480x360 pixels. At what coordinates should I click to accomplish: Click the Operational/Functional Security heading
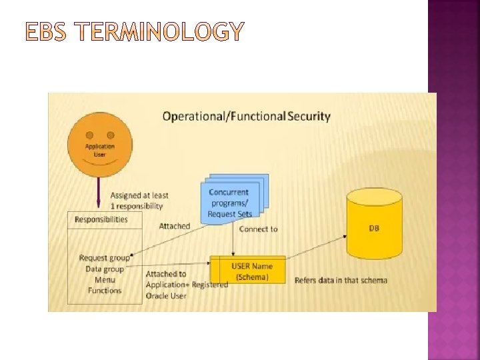coord(247,116)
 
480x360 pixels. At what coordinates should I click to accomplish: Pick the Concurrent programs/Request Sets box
coord(231,202)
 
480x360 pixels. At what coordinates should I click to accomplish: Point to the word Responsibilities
coord(101,219)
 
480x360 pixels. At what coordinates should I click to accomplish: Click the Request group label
coord(104,258)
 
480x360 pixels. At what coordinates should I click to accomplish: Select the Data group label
coord(105,269)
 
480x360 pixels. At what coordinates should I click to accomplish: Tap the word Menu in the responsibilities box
coord(105,280)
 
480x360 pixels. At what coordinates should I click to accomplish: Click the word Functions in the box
coord(105,291)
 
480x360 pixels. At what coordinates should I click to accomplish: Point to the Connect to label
coord(258,229)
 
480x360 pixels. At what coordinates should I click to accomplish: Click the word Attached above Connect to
coord(174,226)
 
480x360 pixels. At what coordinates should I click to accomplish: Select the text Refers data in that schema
coord(341,280)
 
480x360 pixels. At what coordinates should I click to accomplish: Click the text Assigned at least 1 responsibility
coord(139,201)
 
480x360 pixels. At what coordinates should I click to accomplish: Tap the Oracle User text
coord(166,295)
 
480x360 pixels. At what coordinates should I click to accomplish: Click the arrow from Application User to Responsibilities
coord(99,192)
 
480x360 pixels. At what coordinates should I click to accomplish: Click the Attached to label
coord(166,274)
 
